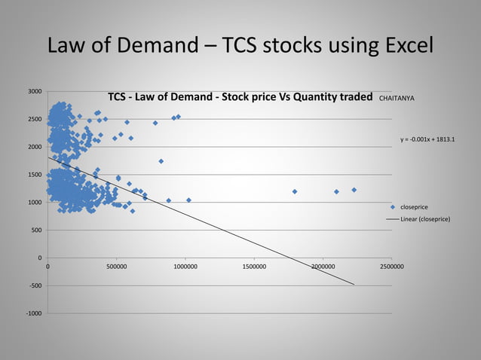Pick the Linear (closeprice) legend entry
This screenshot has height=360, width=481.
tap(425, 218)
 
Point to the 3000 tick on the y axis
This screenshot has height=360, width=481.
tap(35, 92)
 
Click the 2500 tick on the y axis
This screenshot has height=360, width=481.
tap(35, 120)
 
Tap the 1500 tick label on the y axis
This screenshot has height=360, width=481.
tap(35, 175)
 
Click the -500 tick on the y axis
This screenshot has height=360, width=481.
tap(35, 286)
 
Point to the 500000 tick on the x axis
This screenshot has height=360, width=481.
tap(117, 266)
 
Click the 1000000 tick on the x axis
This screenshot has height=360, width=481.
tap(185, 266)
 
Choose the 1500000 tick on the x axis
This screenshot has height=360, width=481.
tap(254, 266)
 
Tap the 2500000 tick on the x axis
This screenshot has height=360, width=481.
tap(391, 266)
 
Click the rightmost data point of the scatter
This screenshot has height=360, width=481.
tap(354, 190)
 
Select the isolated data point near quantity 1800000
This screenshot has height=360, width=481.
tap(295, 191)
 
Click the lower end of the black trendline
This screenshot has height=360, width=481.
tap(353, 284)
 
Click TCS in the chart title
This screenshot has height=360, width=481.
tap(117, 97)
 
